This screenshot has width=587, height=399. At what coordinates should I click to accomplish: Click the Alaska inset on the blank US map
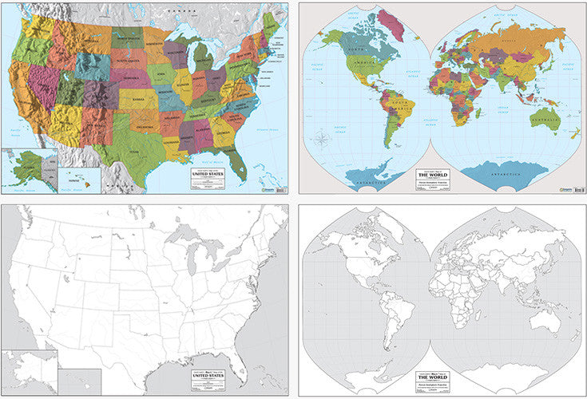click(x=28, y=373)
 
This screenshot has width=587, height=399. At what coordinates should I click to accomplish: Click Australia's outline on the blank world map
click(x=546, y=320)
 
